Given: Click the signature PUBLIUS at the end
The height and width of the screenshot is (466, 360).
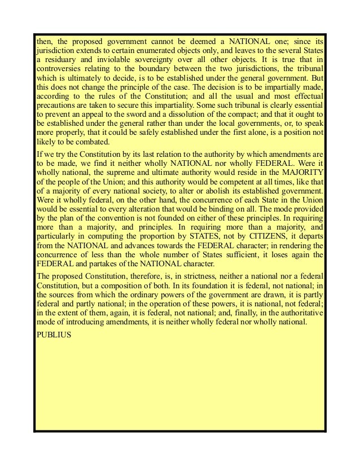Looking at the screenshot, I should click(x=53, y=333).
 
